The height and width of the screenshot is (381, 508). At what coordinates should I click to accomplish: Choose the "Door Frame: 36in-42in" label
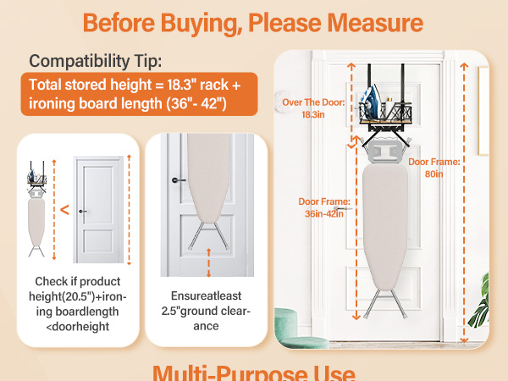tap(323, 207)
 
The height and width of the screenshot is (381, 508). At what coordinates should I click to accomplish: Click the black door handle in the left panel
tap(81, 211)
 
